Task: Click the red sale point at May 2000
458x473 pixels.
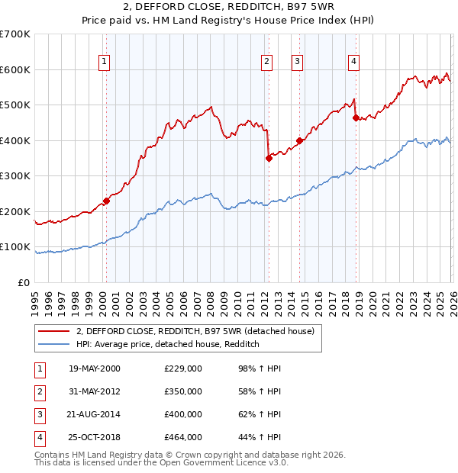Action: pyautogui.click(x=106, y=201)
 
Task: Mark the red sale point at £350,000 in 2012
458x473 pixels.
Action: pyautogui.click(x=269, y=159)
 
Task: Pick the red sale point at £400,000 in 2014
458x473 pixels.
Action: pyautogui.click(x=299, y=140)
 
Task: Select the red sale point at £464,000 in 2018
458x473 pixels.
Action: pyautogui.click(x=356, y=118)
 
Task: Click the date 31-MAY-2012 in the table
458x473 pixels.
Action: pyautogui.click(x=95, y=391)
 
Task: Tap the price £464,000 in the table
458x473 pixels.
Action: pyautogui.click(x=183, y=437)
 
